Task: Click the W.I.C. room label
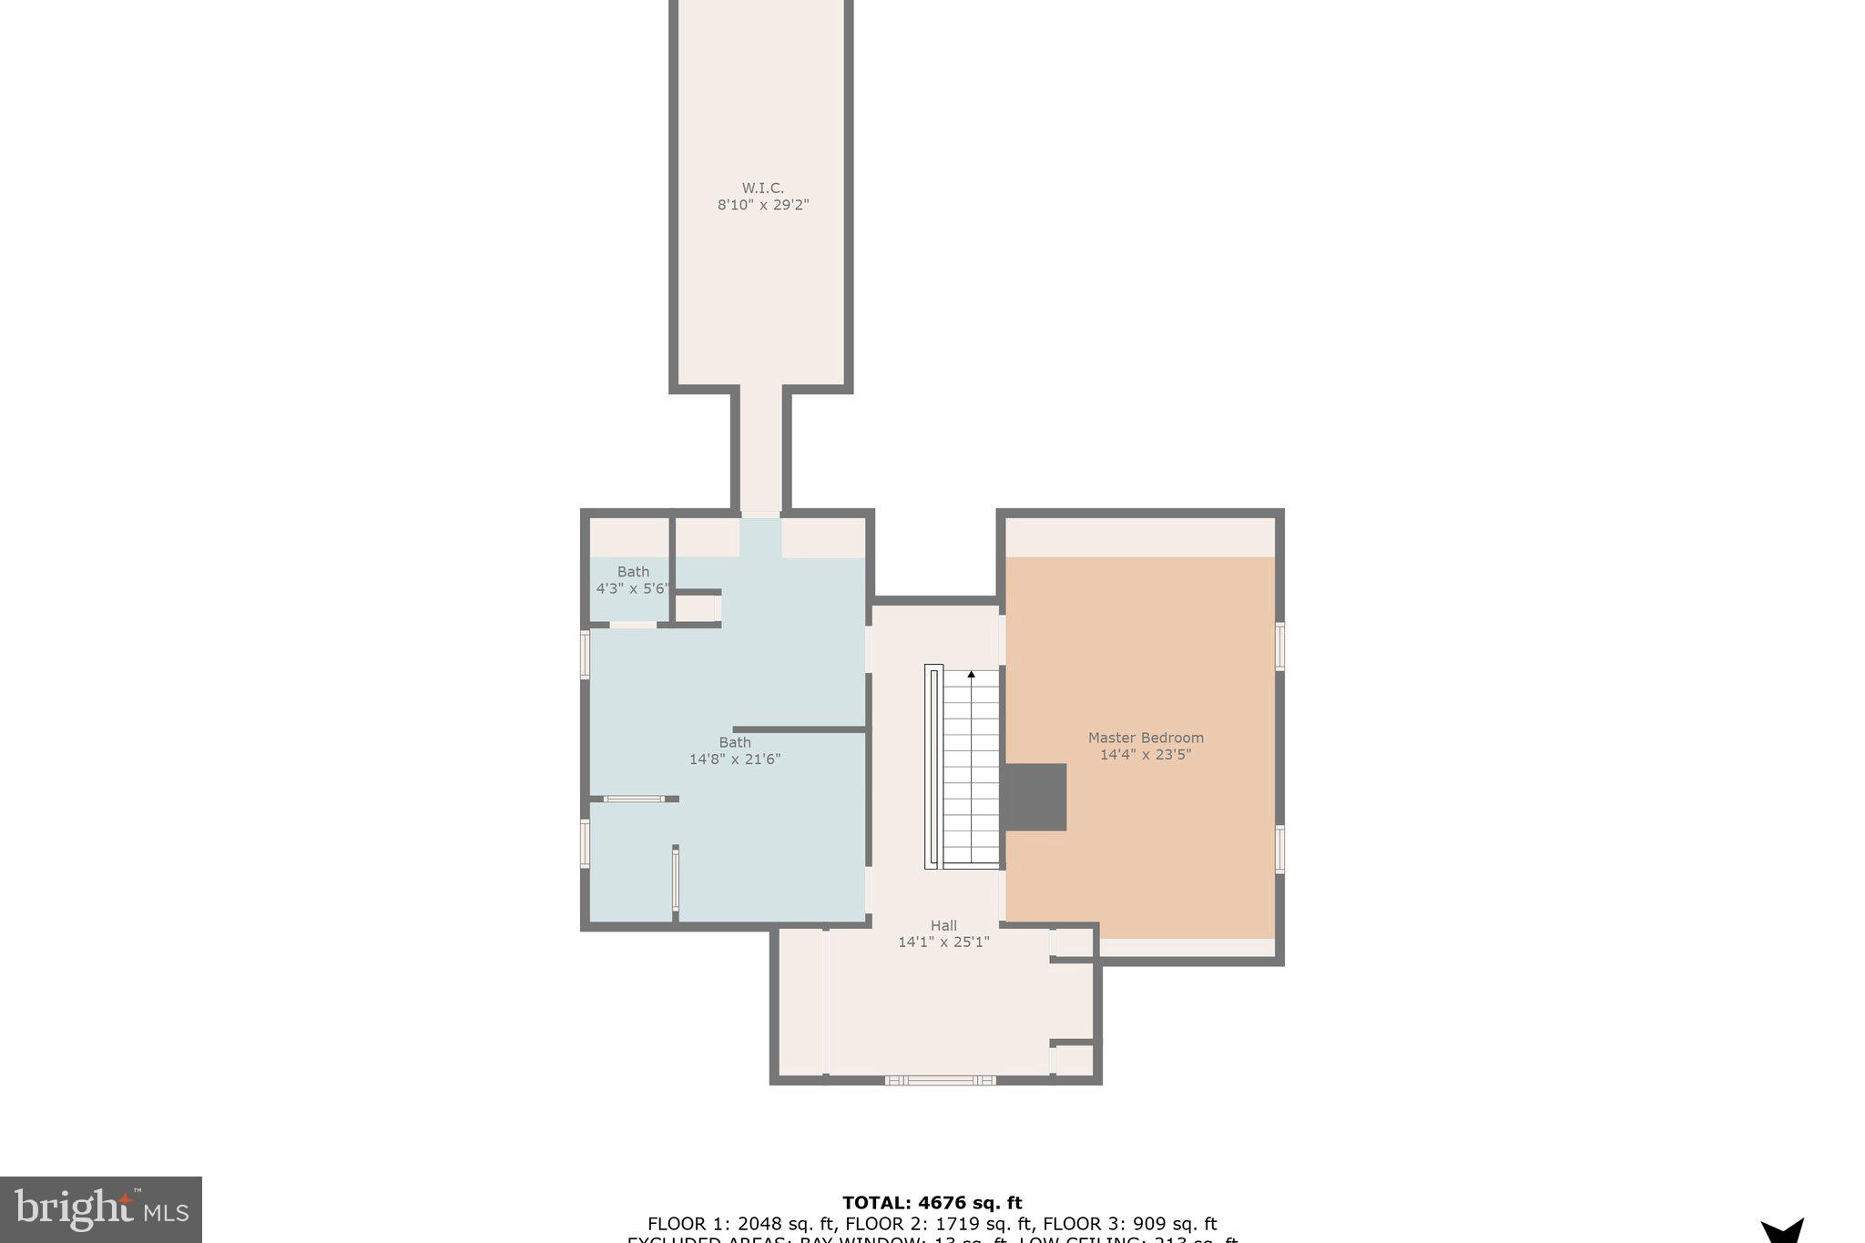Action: pyautogui.click(x=762, y=188)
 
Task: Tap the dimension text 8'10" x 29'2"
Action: pyautogui.click(x=762, y=206)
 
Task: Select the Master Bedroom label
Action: pyautogui.click(x=1146, y=738)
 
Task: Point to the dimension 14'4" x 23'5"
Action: pyautogui.click(x=1146, y=755)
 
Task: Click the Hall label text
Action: pyautogui.click(x=943, y=925)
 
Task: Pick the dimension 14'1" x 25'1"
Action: pyautogui.click(x=943, y=942)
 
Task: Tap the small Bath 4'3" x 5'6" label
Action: pyautogui.click(x=633, y=580)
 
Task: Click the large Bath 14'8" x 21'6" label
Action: pyautogui.click(x=735, y=750)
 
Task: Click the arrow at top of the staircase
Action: pyautogui.click(x=971, y=675)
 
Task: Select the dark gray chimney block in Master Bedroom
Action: pyautogui.click(x=1035, y=797)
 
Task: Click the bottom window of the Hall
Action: pyautogui.click(x=940, y=1080)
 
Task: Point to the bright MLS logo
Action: pyautogui.click(x=101, y=1209)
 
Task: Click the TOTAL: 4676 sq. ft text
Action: pyautogui.click(x=932, y=1203)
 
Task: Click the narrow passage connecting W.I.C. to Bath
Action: pyautogui.click(x=760, y=451)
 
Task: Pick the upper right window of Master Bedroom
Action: pyautogui.click(x=1279, y=646)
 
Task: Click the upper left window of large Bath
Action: pyautogui.click(x=586, y=655)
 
